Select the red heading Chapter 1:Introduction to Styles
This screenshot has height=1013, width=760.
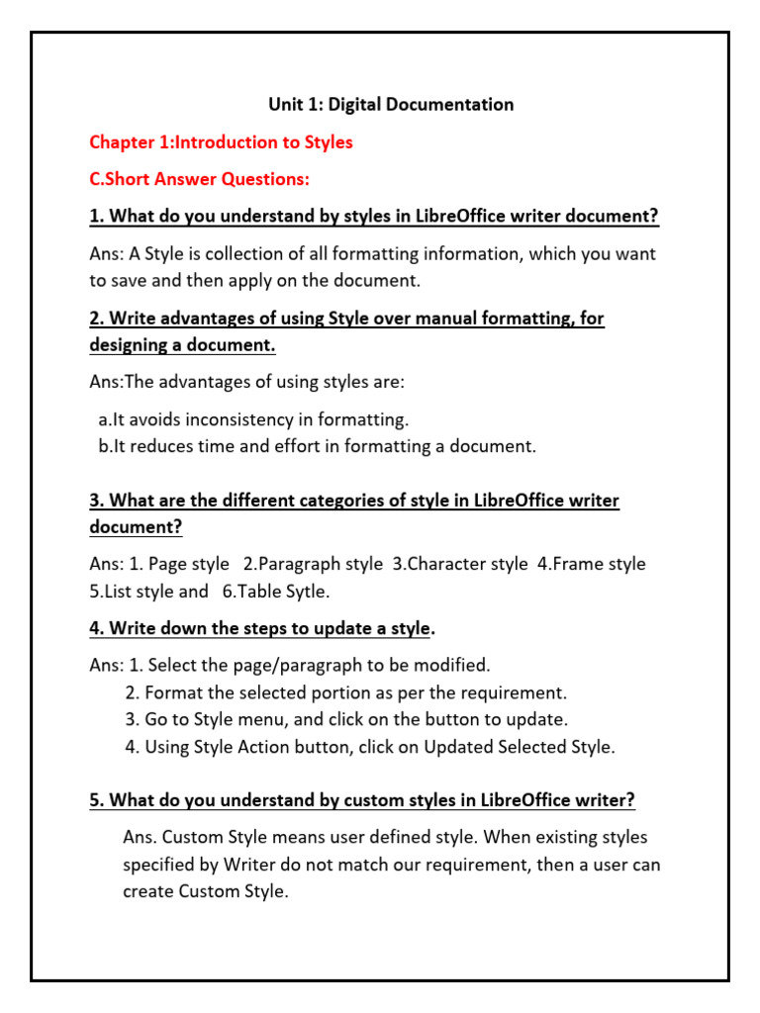221,142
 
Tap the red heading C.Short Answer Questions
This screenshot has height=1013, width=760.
199,180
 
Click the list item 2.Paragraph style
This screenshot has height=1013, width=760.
313,564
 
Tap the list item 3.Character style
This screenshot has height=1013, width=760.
460,564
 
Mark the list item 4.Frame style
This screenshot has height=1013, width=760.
592,564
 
